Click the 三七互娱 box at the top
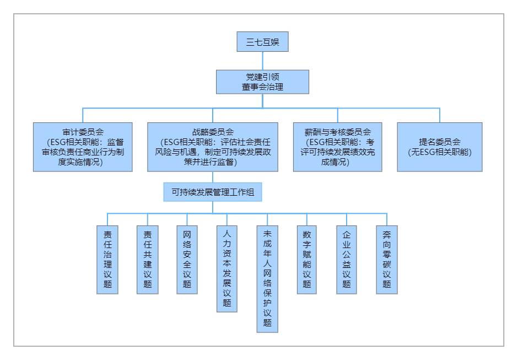pyautogui.click(x=262, y=42)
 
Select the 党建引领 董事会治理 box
pyautogui.click(x=262, y=82)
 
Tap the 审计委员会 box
pyautogui.click(x=83, y=147)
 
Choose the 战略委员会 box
pyautogui.click(x=213, y=147)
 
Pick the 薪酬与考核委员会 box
pyautogui.click(x=337, y=147)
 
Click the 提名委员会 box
pyautogui.click(x=439, y=147)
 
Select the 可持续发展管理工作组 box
pyautogui.click(x=213, y=192)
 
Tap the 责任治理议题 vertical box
pyautogui.click(x=107, y=259)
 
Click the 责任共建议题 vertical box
pyautogui.click(x=147, y=259)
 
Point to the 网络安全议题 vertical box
pyautogui.click(x=187, y=259)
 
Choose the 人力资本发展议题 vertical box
pyautogui.click(x=227, y=268)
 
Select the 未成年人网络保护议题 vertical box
pyautogui.click(x=267, y=278)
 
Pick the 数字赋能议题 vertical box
pyautogui.click(x=307, y=259)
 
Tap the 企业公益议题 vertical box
pyautogui.click(x=347, y=259)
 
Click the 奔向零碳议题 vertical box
pyautogui.click(x=387, y=259)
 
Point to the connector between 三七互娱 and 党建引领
pyautogui.click(x=262, y=61)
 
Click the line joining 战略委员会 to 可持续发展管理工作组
pyautogui.click(x=213, y=178)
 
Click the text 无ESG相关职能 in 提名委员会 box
pyautogui.click(x=439, y=152)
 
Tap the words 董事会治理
pyautogui.click(x=262, y=87)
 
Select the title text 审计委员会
pyautogui.click(x=83, y=132)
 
